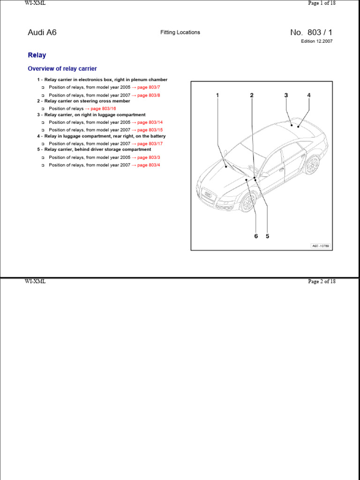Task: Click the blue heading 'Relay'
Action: pos(37,55)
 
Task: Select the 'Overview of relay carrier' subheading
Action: pos(62,69)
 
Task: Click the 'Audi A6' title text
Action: pos(42,33)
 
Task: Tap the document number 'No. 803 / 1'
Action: pos(311,32)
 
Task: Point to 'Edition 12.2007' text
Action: pos(317,41)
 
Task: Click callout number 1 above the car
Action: pos(217,96)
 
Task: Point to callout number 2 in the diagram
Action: pos(252,96)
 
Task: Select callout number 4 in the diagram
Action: pos(309,96)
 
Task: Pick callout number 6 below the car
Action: pos(256,236)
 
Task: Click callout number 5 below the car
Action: pos(268,236)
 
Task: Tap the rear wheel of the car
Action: pos(311,165)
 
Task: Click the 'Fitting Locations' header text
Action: pos(180,32)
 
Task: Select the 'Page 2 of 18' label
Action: pos(322,282)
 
